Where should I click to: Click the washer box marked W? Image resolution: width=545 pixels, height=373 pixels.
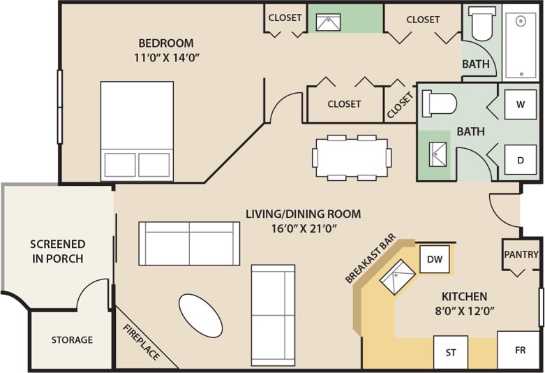click(521, 104)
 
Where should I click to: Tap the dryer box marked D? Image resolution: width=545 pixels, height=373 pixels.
click(521, 160)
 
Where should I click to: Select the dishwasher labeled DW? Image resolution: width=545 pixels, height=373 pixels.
click(435, 259)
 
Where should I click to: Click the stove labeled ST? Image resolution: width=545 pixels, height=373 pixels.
click(451, 352)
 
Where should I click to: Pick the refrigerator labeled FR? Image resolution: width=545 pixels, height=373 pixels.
click(520, 350)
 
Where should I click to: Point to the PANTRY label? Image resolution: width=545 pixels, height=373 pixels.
click(521, 254)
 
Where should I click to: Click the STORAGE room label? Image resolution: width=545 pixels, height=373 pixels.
click(72, 339)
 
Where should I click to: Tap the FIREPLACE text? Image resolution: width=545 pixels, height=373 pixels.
click(142, 342)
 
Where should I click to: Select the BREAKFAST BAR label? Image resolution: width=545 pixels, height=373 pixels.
click(371, 258)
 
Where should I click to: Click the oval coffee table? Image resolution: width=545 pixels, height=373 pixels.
click(200, 315)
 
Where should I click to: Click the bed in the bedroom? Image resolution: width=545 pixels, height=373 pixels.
click(137, 131)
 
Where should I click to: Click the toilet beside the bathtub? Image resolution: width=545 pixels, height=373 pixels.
click(481, 24)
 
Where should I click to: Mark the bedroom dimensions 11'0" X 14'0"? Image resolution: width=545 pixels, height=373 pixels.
click(167, 57)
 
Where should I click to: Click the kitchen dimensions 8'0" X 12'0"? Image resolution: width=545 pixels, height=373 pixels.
click(465, 311)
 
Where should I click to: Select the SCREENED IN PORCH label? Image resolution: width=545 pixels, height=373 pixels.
click(58, 251)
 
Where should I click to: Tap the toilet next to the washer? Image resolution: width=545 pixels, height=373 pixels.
click(439, 103)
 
